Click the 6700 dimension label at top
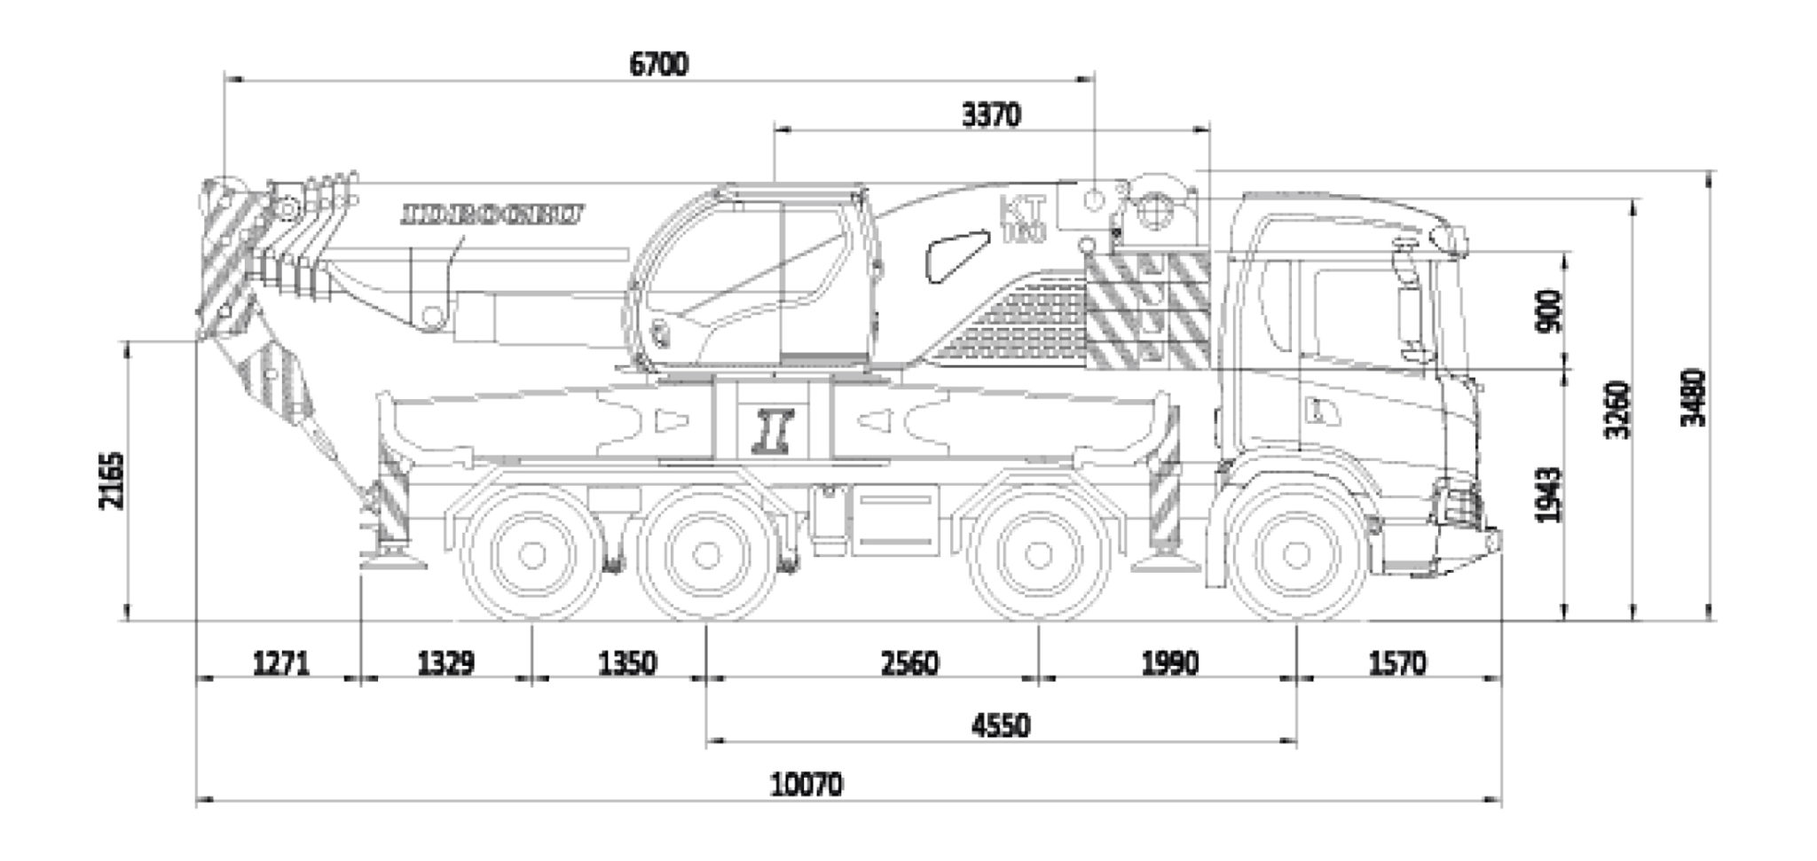point(658,65)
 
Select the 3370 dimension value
point(991,115)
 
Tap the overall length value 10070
point(806,785)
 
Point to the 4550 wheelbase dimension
point(1001,726)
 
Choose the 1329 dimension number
point(445,663)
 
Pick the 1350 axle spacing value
point(626,663)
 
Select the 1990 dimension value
point(1168,663)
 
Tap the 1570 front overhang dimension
point(1397,663)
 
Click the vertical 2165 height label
point(114,481)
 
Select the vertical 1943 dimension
point(1548,495)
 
